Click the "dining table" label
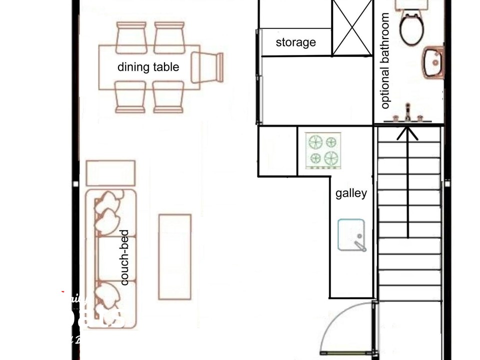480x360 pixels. tap(148, 67)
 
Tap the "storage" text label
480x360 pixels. tap(295, 42)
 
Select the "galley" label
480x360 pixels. tap(351, 193)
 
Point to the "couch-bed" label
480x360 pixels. tap(124, 257)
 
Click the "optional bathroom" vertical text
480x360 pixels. tap(384, 61)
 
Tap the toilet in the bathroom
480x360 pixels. tap(412, 28)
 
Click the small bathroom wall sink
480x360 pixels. tap(433, 62)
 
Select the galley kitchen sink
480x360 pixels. tap(351, 234)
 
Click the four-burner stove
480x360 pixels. tap(323, 150)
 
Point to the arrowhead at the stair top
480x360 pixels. tap(408, 132)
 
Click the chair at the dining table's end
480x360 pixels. tap(208, 67)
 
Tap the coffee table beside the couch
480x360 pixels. tap(174, 257)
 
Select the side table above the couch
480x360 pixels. tap(110, 173)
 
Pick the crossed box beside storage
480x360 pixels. tap(352, 27)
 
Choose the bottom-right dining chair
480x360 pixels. tap(168, 97)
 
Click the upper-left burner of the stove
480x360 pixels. tap(315, 142)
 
